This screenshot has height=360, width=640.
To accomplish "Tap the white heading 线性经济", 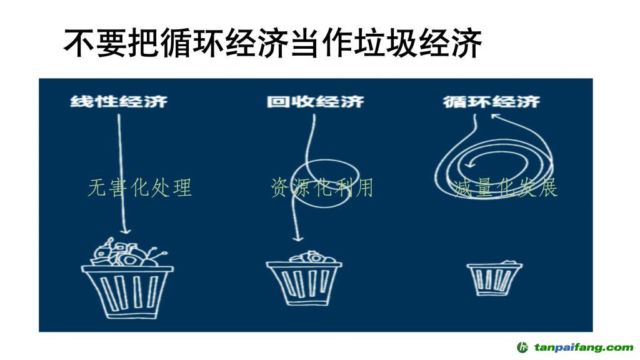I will (119, 101).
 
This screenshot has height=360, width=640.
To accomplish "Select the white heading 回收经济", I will (315, 101).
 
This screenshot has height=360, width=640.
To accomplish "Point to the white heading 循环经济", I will (491, 101).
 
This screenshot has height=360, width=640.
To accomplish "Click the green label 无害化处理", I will (139, 187).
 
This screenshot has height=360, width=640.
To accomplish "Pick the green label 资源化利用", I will (322, 187).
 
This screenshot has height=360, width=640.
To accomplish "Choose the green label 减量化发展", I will (506, 187).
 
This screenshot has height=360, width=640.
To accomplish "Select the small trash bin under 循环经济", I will (494, 279).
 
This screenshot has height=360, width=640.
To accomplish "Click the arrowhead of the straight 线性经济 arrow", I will (123, 230).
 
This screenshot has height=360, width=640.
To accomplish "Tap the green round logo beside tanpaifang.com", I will (523, 347).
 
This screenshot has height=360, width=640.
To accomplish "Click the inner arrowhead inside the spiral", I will (464, 165).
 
